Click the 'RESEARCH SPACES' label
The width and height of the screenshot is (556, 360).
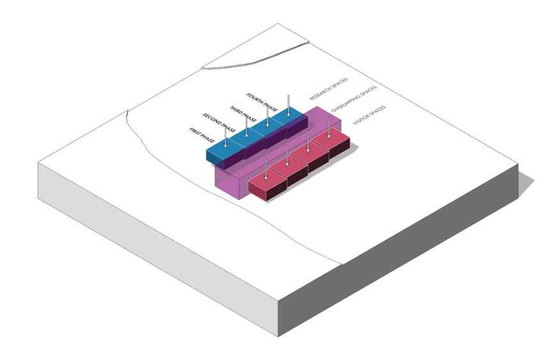329,89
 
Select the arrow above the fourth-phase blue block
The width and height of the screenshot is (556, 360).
289,105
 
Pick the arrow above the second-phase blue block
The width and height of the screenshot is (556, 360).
247,126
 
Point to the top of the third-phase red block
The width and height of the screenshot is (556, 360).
309,154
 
